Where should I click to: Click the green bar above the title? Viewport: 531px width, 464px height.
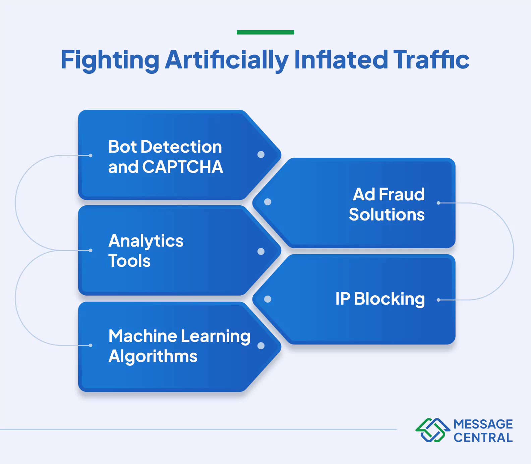[x=265, y=32]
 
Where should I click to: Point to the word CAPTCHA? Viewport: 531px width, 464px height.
[x=183, y=167]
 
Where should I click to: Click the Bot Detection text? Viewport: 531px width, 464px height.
[x=165, y=147]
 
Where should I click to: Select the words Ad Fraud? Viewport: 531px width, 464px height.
[x=389, y=194]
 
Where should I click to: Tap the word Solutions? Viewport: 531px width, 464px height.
[x=387, y=215]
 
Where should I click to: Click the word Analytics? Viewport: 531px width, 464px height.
[x=146, y=241]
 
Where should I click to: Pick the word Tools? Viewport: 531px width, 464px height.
[x=129, y=261]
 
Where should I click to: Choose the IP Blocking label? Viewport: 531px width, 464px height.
[x=380, y=299]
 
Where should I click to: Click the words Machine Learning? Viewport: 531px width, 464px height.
[x=179, y=336]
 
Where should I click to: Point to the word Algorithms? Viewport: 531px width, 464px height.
[x=153, y=356]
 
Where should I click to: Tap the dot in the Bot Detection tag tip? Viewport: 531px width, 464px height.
[x=261, y=154]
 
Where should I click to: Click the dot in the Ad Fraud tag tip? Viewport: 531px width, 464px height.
[x=268, y=202]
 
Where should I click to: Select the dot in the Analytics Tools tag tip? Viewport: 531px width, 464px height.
[x=261, y=251]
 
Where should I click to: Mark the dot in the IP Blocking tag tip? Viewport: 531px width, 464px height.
[x=268, y=299]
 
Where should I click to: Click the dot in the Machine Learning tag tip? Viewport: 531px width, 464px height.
[x=261, y=346]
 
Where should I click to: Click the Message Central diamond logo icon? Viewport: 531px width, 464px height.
[x=432, y=430]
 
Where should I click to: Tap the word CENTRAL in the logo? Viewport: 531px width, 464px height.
[x=483, y=438]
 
